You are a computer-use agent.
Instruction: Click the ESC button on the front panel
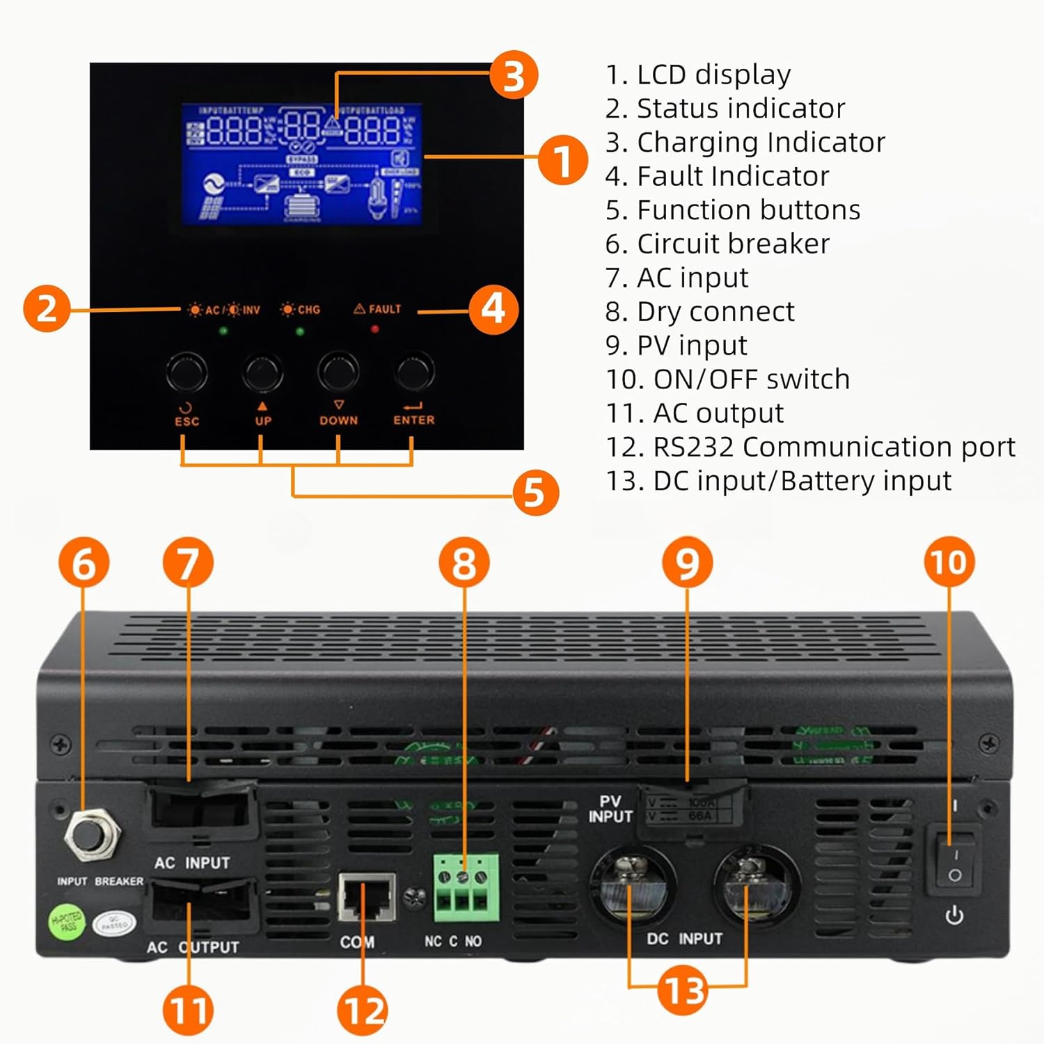coord(187,372)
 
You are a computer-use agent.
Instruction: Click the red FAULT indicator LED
coord(375,329)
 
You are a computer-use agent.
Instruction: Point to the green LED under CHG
coord(300,331)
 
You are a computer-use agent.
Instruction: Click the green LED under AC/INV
coord(223,331)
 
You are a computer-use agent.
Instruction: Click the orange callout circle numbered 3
coord(514,74)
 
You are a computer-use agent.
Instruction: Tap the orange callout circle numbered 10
coord(949,562)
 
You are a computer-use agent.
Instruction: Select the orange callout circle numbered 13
coord(683,990)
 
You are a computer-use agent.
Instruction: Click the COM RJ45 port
coord(366,898)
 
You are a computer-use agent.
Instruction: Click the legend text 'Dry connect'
coord(715,312)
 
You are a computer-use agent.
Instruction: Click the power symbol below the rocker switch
coord(954,915)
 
